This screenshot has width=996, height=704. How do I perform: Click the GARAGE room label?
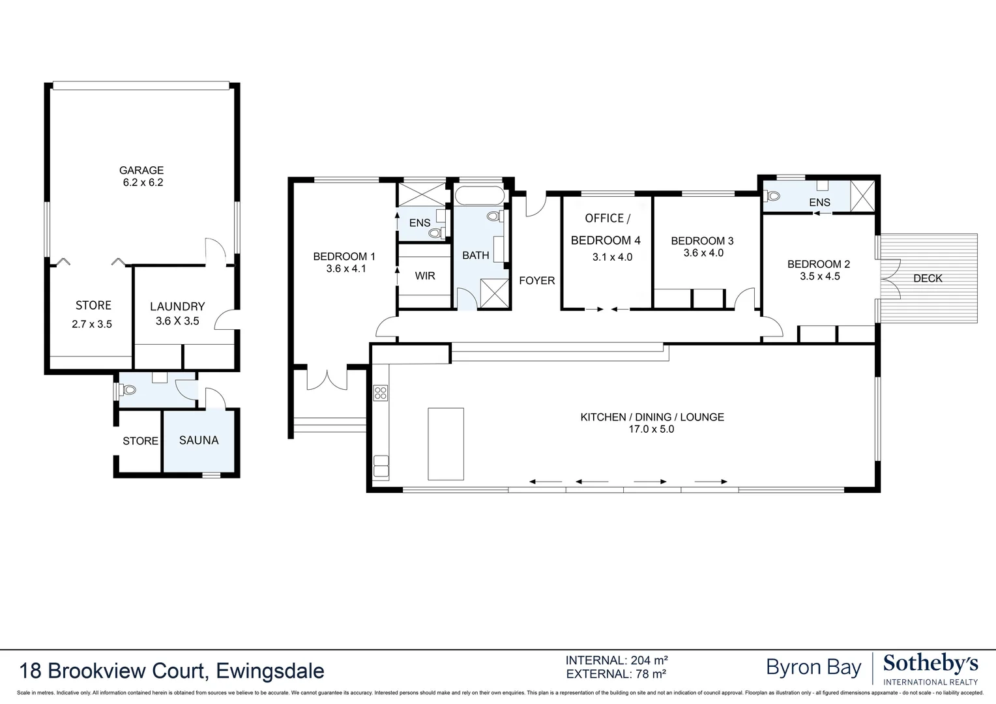coord(141,171)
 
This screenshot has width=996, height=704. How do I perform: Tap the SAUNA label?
coord(199,440)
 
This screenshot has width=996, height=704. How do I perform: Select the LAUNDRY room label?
coord(177,306)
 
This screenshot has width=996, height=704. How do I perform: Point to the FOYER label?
coord(536,280)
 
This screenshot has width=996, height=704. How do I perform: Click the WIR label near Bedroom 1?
coord(425,276)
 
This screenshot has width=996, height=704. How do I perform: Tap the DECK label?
coord(928,278)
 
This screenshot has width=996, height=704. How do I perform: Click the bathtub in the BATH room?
coord(479,196)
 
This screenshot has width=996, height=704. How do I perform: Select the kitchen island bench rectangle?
coord(446,444)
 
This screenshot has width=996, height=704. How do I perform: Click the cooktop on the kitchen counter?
coord(381,392)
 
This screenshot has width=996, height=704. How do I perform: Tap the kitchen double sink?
coord(381,467)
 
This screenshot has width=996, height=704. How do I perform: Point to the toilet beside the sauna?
coord(126,390)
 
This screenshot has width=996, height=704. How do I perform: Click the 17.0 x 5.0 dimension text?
coord(652,430)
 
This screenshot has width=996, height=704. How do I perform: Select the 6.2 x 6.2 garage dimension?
coord(143,183)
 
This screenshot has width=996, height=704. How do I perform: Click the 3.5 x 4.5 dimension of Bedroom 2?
coord(819,276)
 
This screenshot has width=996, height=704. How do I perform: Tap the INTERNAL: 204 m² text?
coord(616,660)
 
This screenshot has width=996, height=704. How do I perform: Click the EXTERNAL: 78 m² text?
coord(616,674)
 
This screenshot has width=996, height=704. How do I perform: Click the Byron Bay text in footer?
coord(813,667)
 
